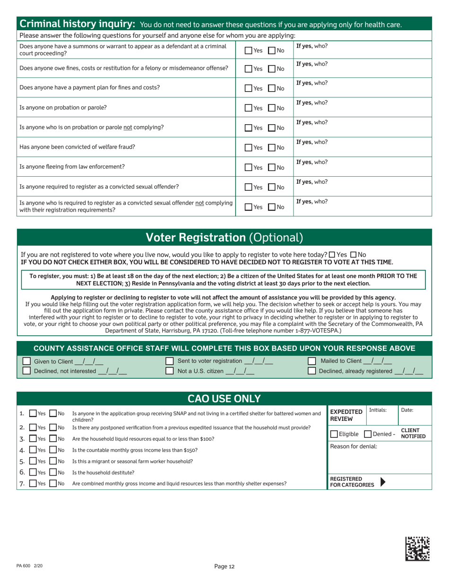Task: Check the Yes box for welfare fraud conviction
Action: coord(249,147)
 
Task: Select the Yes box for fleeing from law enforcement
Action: coord(249,167)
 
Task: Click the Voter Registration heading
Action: coord(224,237)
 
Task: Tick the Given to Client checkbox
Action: coord(27,361)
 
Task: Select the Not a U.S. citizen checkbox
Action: coord(170,371)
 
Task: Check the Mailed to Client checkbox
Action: coord(312,361)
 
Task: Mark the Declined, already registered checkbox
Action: coord(312,371)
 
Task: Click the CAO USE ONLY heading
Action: coord(224,398)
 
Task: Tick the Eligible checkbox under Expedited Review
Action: coord(334,434)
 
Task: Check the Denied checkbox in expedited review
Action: coord(368,434)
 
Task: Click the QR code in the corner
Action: coord(418,549)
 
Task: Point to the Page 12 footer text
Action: coord(224,567)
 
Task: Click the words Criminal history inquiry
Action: coord(78,24)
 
